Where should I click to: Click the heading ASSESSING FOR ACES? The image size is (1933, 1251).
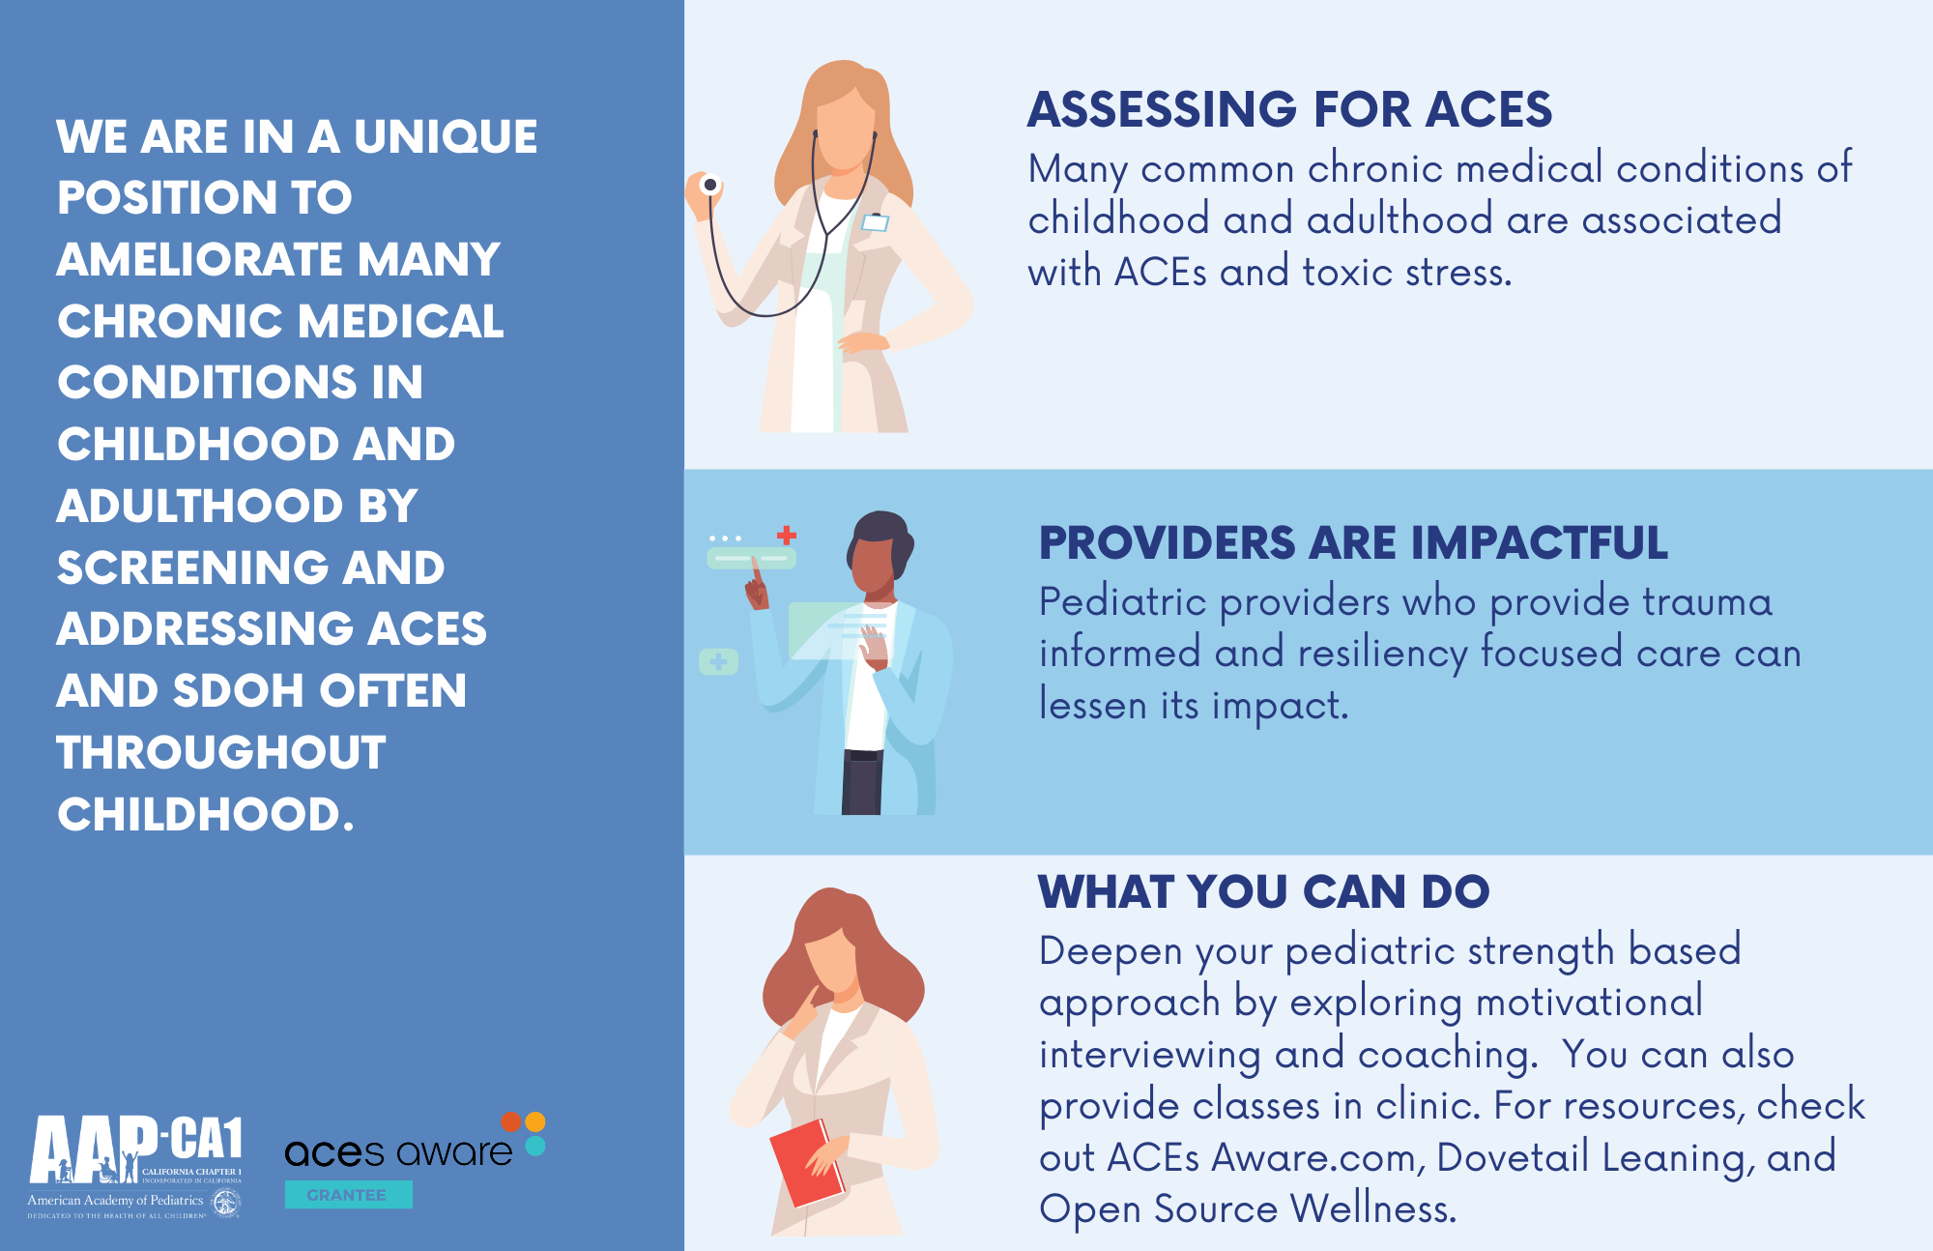tap(1289, 109)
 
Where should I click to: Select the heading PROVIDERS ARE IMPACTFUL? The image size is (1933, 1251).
tap(1353, 542)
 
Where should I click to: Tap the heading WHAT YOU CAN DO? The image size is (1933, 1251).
tap(1263, 891)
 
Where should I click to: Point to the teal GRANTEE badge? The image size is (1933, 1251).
tap(348, 1195)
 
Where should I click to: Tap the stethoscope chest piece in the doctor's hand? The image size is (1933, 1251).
tap(710, 184)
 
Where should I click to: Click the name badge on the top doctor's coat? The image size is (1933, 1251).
tap(875, 222)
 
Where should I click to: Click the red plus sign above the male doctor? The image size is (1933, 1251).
tap(787, 535)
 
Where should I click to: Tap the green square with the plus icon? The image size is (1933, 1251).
tap(718, 662)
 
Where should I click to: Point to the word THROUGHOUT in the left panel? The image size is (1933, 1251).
tap(221, 753)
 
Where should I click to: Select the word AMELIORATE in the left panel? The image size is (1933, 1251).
tap(200, 260)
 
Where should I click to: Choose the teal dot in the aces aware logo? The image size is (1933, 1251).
tap(535, 1146)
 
